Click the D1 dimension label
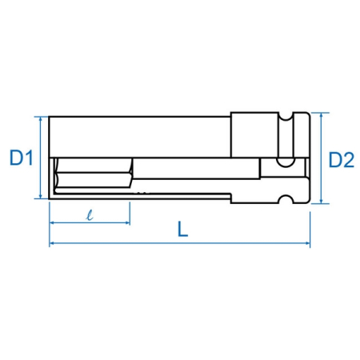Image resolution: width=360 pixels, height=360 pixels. click(22, 158)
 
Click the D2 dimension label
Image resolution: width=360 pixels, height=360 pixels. click(342, 160)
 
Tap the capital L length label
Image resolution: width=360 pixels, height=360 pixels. click(183, 230)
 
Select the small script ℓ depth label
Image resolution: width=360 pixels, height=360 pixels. click(90, 215)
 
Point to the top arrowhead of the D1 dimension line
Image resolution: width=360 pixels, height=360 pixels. click(40, 119)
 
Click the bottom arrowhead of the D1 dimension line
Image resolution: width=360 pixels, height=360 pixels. click(40, 196)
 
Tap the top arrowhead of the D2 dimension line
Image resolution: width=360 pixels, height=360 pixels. click(322, 115)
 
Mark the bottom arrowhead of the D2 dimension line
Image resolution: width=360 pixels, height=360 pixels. click(322, 201)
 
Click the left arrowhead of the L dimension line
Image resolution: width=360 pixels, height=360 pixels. click(53, 243)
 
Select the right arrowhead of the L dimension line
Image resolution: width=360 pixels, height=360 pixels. click(307, 243)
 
